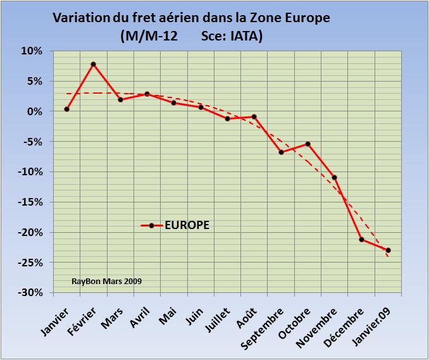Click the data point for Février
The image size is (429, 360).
pyautogui.click(x=93, y=64)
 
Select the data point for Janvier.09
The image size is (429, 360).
pyautogui.click(x=388, y=250)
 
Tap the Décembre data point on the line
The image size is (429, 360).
pyautogui.click(x=361, y=239)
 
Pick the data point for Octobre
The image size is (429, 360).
pyautogui.click(x=308, y=144)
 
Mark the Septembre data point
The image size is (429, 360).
pyautogui.click(x=281, y=152)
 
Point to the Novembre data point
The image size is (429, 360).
pyautogui.click(x=335, y=177)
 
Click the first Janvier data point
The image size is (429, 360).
pyautogui.click(x=66, y=109)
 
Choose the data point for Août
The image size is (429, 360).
pyautogui.click(x=254, y=116)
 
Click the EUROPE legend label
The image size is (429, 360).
pyautogui.click(x=187, y=225)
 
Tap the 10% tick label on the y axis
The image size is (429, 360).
pyautogui.click(x=32, y=51)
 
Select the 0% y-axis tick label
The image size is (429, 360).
pyautogui.click(x=34, y=111)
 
